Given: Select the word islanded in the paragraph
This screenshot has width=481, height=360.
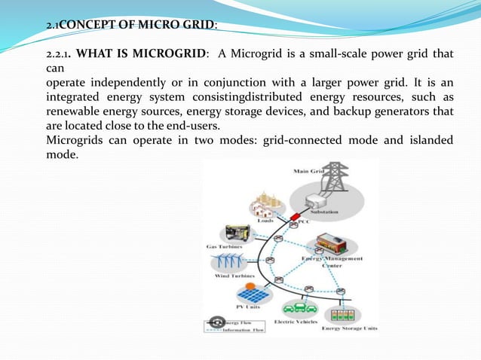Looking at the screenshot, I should (x=424, y=141).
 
